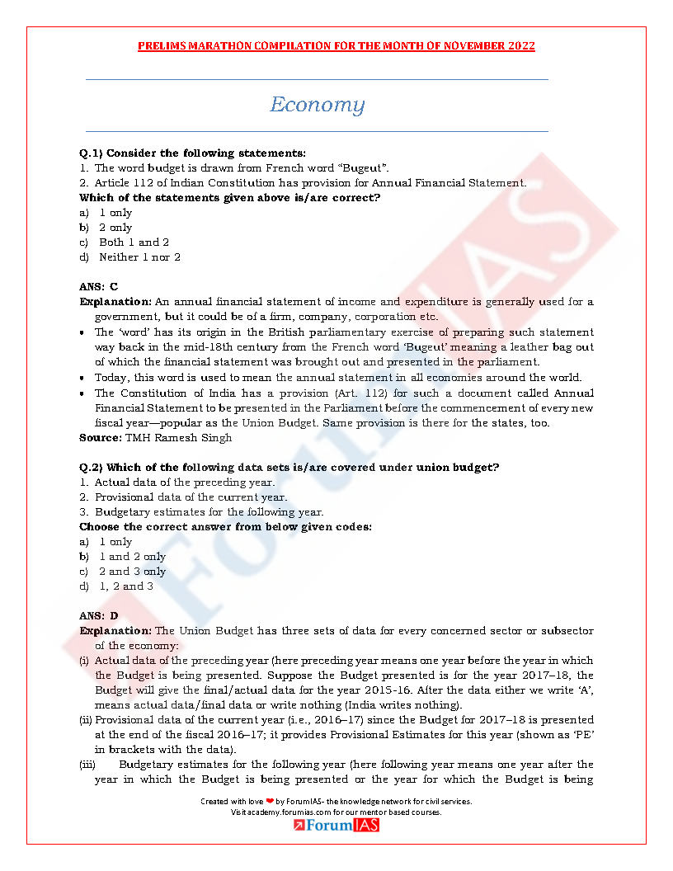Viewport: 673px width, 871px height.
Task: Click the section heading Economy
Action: (x=317, y=105)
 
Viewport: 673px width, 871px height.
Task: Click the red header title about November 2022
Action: (x=336, y=46)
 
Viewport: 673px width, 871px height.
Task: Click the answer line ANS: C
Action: (x=99, y=286)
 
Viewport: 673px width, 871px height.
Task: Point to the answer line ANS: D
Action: (x=99, y=615)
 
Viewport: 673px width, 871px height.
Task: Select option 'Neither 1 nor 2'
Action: (x=139, y=257)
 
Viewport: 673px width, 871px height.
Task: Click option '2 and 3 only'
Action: (x=132, y=571)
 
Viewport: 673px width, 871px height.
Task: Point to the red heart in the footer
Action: (x=269, y=801)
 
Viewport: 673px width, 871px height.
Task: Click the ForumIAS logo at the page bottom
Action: (x=336, y=825)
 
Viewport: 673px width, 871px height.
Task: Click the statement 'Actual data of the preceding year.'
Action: (x=185, y=482)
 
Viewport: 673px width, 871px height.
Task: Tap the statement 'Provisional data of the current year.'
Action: (x=191, y=497)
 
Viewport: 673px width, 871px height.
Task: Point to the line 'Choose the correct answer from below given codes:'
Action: (x=225, y=526)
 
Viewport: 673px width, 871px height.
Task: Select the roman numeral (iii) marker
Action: (x=87, y=764)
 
